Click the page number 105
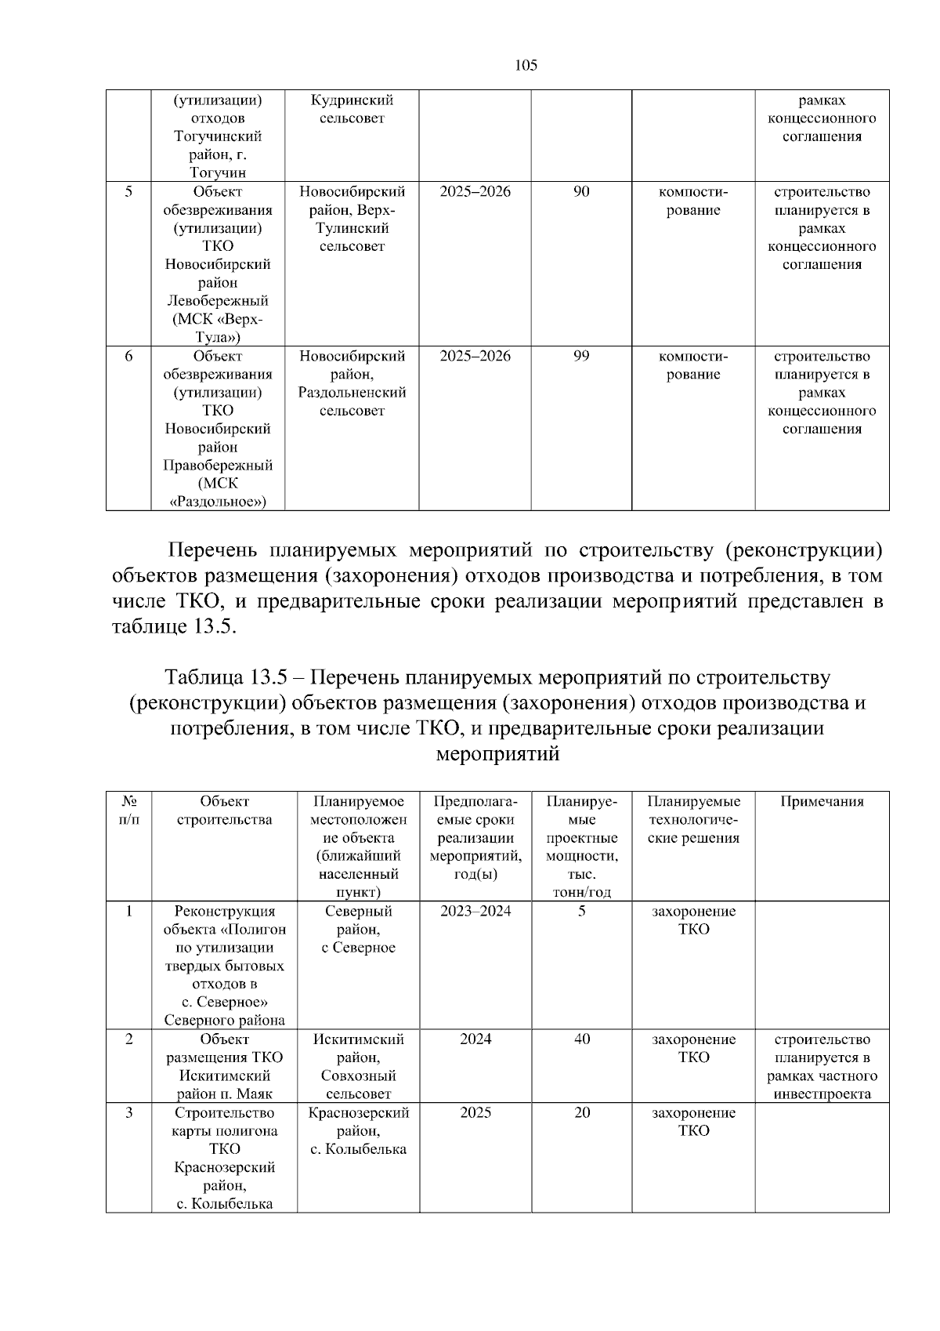526,65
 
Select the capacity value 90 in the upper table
581,192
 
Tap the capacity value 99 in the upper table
581,357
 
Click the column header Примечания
822,801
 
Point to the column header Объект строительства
224,811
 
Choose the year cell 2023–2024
475,911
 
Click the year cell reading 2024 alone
475,1039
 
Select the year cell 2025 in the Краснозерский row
475,1113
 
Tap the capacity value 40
582,1039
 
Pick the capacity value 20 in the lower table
582,1113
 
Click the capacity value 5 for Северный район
582,911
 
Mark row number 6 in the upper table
128,357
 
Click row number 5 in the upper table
128,192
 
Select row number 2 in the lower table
128,1039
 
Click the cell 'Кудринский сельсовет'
352,110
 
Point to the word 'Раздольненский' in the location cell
352,393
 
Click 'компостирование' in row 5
693,201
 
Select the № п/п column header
129,811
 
